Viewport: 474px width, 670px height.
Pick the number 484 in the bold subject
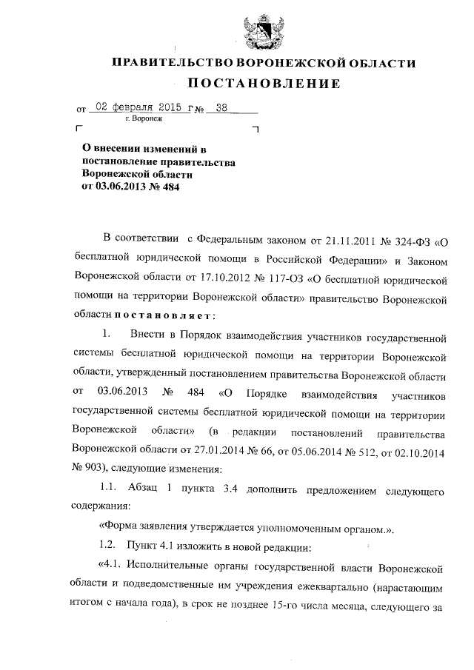tap(166, 187)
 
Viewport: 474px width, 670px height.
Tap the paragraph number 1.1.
tap(108, 489)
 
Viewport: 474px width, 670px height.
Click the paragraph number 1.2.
tap(108, 548)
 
